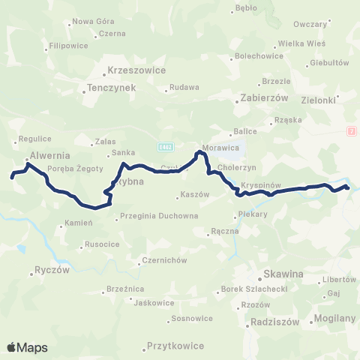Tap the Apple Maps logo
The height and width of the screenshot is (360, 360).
point(27,347)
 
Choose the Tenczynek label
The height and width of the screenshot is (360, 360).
point(110,87)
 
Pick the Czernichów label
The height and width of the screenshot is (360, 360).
point(163,261)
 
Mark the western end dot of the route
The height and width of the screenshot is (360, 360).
point(12,178)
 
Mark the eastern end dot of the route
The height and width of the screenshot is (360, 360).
point(347,187)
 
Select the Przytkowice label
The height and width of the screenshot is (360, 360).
point(175,348)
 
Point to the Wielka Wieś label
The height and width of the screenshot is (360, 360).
point(298,44)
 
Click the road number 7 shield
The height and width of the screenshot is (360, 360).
point(351,131)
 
